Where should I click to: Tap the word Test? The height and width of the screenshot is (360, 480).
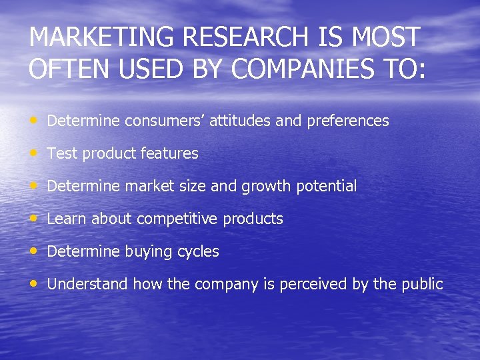[63, 153]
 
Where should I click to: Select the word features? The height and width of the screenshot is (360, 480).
[170, 153]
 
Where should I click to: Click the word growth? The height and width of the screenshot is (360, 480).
[265, 187]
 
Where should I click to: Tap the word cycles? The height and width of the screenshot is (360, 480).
[198, 252]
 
